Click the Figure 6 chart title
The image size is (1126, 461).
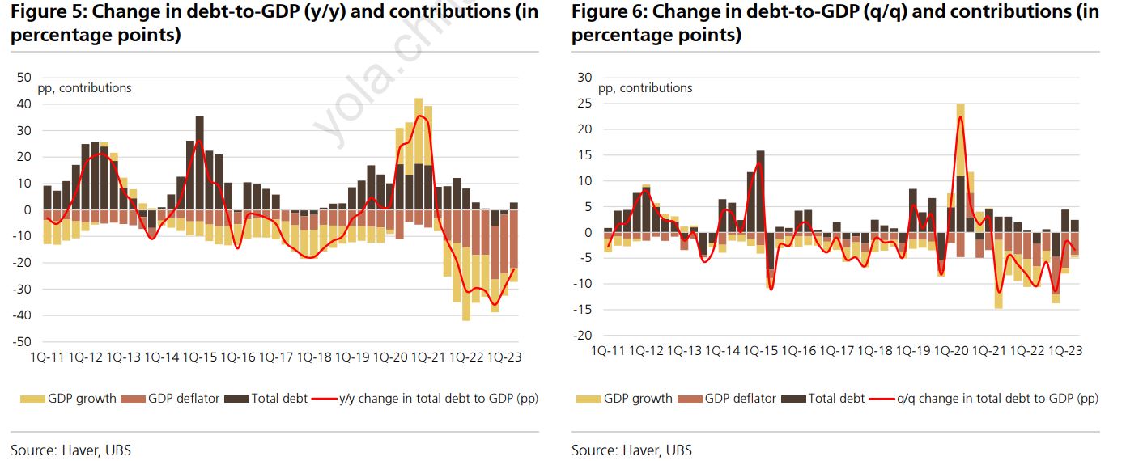point(835,23)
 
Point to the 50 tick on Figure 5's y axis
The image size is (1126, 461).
point(23,78)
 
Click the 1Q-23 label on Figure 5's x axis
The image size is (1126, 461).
point(504,357)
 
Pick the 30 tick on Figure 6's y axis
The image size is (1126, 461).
point(584,78)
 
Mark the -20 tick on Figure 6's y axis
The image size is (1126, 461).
point(582,336)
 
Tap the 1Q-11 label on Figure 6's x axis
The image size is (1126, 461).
point(608,351)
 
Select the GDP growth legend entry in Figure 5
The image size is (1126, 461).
point(70,398)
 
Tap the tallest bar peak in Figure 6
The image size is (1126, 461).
point(960,105)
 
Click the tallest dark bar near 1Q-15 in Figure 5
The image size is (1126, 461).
point(200,118)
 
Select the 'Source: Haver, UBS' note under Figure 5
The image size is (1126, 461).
point(70,450)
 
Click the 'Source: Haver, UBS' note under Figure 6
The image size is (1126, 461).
point(631,450)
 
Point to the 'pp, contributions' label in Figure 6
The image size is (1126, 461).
point(645,88)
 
